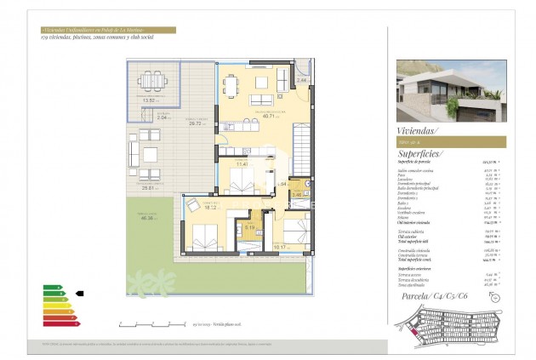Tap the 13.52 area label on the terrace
coord(153,100)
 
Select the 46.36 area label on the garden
coord(150,218)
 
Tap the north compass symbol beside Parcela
coord(496,296)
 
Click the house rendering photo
coord(451,92)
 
